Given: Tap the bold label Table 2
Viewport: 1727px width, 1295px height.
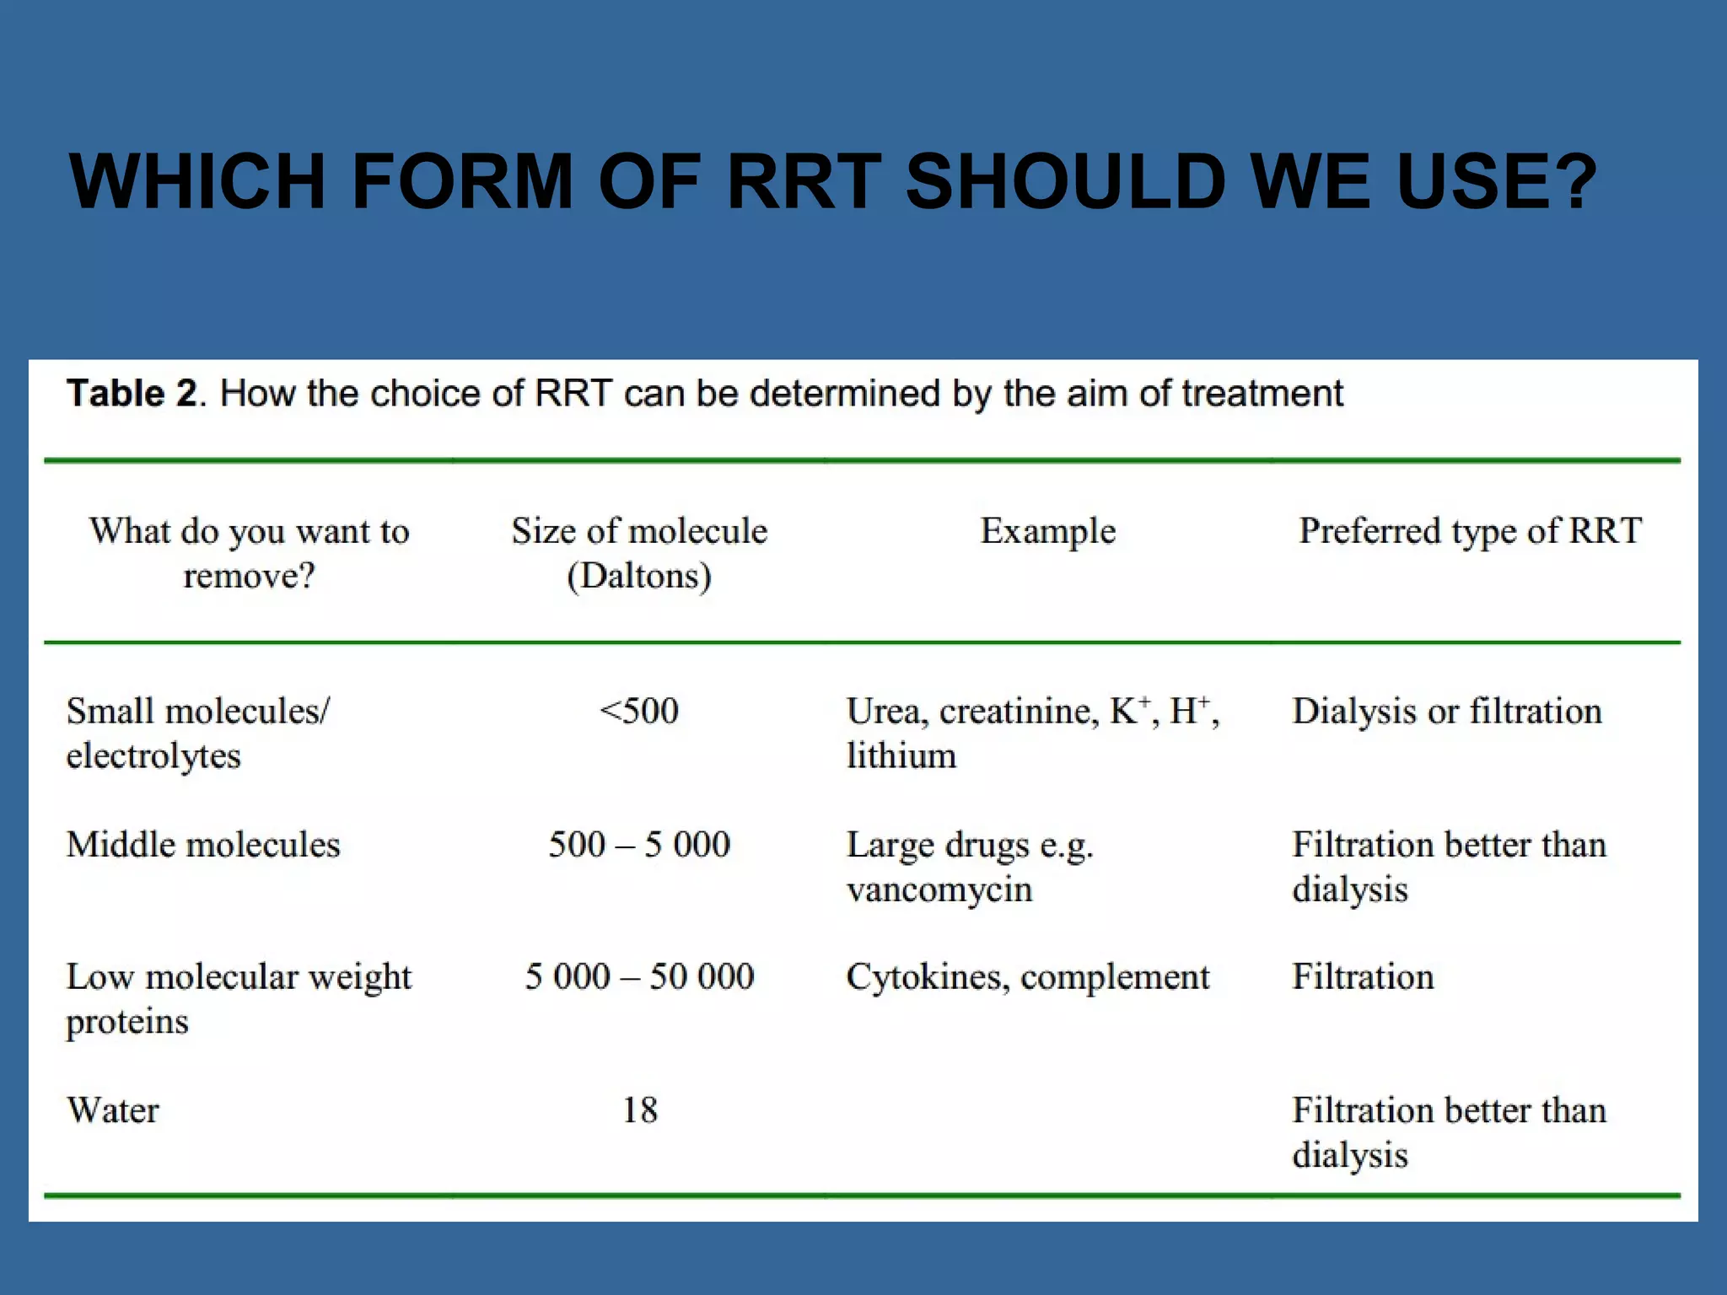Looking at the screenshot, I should point(132,394).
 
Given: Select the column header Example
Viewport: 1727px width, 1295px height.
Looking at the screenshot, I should point(1047,531).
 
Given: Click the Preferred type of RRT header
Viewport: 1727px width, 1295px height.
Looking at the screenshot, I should point(1470,531).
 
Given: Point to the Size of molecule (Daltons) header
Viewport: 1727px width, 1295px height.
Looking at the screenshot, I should point(639,553).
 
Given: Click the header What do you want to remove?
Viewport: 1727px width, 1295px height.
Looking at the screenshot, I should point(249,553).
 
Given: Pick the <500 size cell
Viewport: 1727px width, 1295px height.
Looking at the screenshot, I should point(639,711).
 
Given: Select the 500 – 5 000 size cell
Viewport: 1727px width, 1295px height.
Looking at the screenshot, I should point(639,844).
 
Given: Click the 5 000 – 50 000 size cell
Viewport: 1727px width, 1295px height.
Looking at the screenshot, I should point(639,976).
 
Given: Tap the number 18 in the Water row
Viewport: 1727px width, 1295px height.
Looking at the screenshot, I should point(639,1110).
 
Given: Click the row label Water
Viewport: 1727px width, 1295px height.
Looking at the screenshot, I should point(113,1110).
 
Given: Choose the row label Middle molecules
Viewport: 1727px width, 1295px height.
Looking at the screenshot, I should point(203,844).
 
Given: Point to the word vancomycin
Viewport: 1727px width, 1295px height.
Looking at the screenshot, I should point(939,889).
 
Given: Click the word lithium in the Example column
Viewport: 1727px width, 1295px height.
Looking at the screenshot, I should point(901,755).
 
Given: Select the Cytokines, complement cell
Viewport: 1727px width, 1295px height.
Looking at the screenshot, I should point(1028,976).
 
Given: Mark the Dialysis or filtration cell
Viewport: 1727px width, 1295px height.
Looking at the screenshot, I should point(1447,711).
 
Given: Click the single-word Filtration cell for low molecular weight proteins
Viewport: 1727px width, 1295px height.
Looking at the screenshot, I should point(1363,976).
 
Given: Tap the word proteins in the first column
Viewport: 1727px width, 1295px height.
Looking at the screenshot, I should point(127,1022).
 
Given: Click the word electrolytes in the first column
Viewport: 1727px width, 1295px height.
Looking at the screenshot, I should point(153,755).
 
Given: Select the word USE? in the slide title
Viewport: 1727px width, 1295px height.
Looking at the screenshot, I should point(1496,181).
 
